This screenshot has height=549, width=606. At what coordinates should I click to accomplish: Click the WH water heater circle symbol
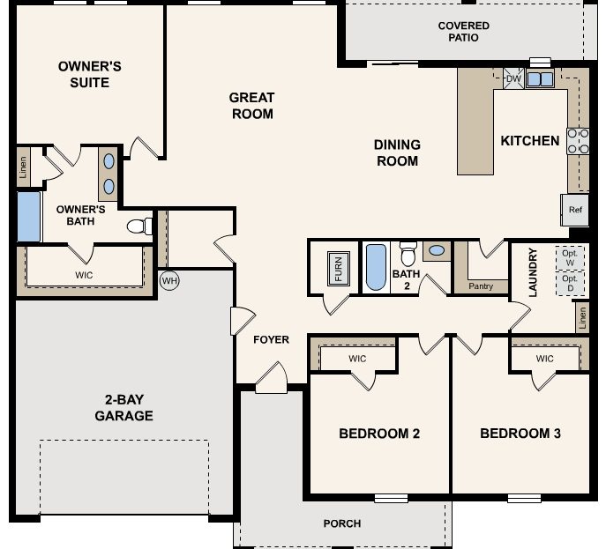170,280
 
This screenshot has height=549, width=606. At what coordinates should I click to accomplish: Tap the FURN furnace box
336,268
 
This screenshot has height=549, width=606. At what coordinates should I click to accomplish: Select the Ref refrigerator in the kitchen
575,210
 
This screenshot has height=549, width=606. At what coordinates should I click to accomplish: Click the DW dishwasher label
513,79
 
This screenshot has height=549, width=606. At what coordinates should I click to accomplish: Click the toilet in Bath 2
408,255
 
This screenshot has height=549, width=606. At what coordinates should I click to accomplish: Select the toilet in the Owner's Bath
138,226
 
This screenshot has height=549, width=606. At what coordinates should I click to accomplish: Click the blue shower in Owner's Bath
28,217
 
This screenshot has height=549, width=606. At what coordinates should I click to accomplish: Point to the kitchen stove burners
579,141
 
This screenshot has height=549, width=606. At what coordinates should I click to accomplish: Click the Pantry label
481,286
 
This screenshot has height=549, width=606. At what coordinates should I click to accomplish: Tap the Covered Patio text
463,32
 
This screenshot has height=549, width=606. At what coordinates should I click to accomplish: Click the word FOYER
271,340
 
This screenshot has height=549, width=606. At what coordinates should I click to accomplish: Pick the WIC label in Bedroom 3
544,359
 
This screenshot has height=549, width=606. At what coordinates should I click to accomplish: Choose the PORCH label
342,523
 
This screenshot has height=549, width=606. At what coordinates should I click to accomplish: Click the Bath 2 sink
436,251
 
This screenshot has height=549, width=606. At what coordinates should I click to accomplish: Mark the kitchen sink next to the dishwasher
540,79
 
